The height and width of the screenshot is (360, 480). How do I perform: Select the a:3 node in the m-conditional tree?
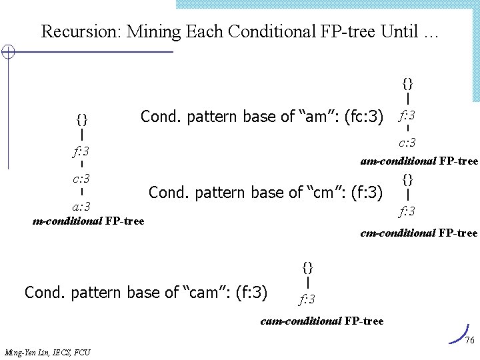coord(81,206)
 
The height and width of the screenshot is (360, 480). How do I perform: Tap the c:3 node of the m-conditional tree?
coord(81,179)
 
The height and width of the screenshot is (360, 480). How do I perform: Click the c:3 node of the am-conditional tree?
coord(407,143)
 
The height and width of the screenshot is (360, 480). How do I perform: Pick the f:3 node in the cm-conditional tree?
coord(407,212)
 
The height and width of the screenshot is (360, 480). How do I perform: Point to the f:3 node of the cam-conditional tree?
coord(307,298)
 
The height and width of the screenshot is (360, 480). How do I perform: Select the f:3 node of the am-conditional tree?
coord(407,116)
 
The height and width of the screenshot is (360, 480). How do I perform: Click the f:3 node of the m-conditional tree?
coord(81,151)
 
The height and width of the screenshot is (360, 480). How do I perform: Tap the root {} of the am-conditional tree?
coord(407,84)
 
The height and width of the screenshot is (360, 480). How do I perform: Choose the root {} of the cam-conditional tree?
coord(307,267)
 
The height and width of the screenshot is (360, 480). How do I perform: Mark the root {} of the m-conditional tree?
coord(81,120)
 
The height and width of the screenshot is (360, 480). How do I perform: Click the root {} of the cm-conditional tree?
coord(407,179)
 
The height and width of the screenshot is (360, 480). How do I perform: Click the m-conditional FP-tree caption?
coord(88,221)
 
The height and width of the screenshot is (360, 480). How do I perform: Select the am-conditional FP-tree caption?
coord(419,161)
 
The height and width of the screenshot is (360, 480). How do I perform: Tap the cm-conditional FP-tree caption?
coord(419,233)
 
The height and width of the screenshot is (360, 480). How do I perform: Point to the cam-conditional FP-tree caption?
coord(322,321)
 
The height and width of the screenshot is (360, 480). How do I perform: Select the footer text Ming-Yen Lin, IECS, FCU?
coord(47,352)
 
